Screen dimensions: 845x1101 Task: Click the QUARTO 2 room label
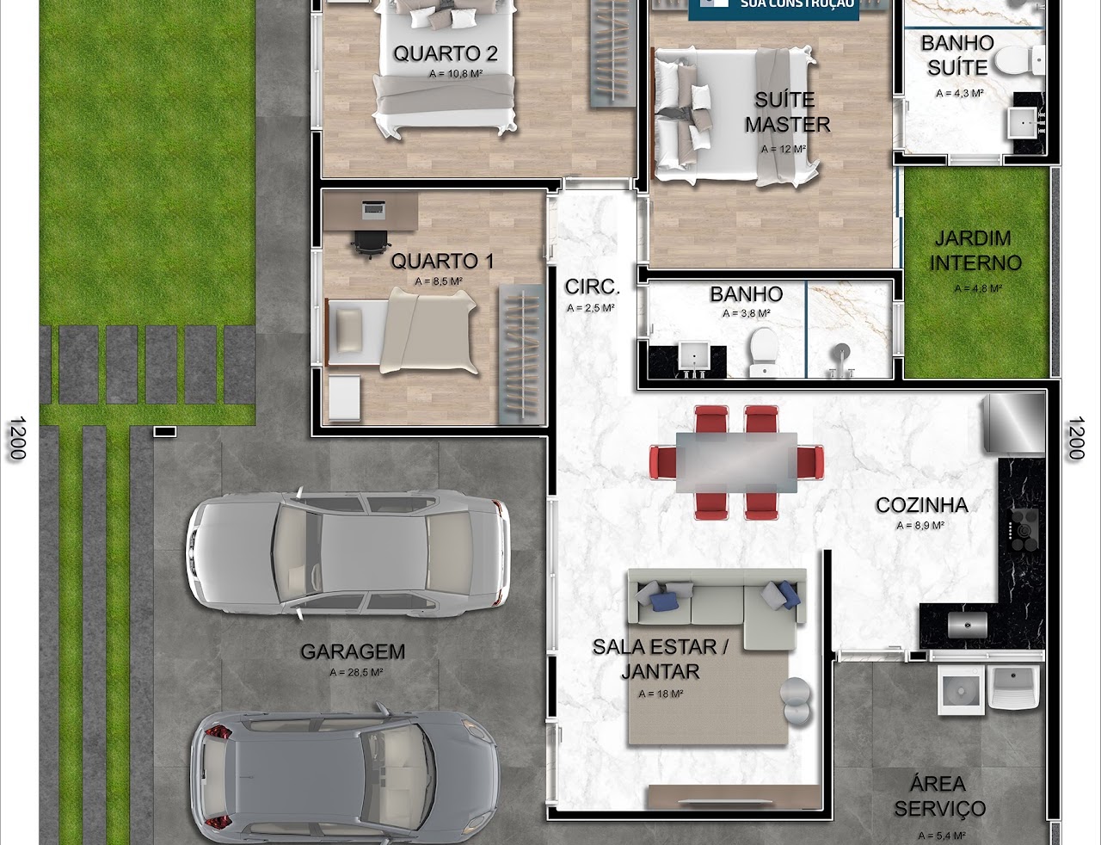coord(445,53)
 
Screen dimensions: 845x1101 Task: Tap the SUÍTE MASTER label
coord(787,113)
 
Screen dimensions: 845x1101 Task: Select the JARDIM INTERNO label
coord(975,250)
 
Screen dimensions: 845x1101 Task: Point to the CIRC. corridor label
coord(592,287)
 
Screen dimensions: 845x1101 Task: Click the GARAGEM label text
coord(353,651)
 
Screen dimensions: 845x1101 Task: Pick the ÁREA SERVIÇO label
coord(938,796)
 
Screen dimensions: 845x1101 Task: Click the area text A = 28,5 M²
coord(355,673)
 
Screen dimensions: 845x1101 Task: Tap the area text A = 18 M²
coord(661,694)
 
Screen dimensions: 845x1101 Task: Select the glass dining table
coord(735,462)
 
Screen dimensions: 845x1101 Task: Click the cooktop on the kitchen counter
coord(1024,529)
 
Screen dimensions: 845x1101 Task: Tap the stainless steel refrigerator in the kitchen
coord(1015,422)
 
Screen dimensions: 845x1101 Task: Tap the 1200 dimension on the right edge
coord(1075,438)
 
